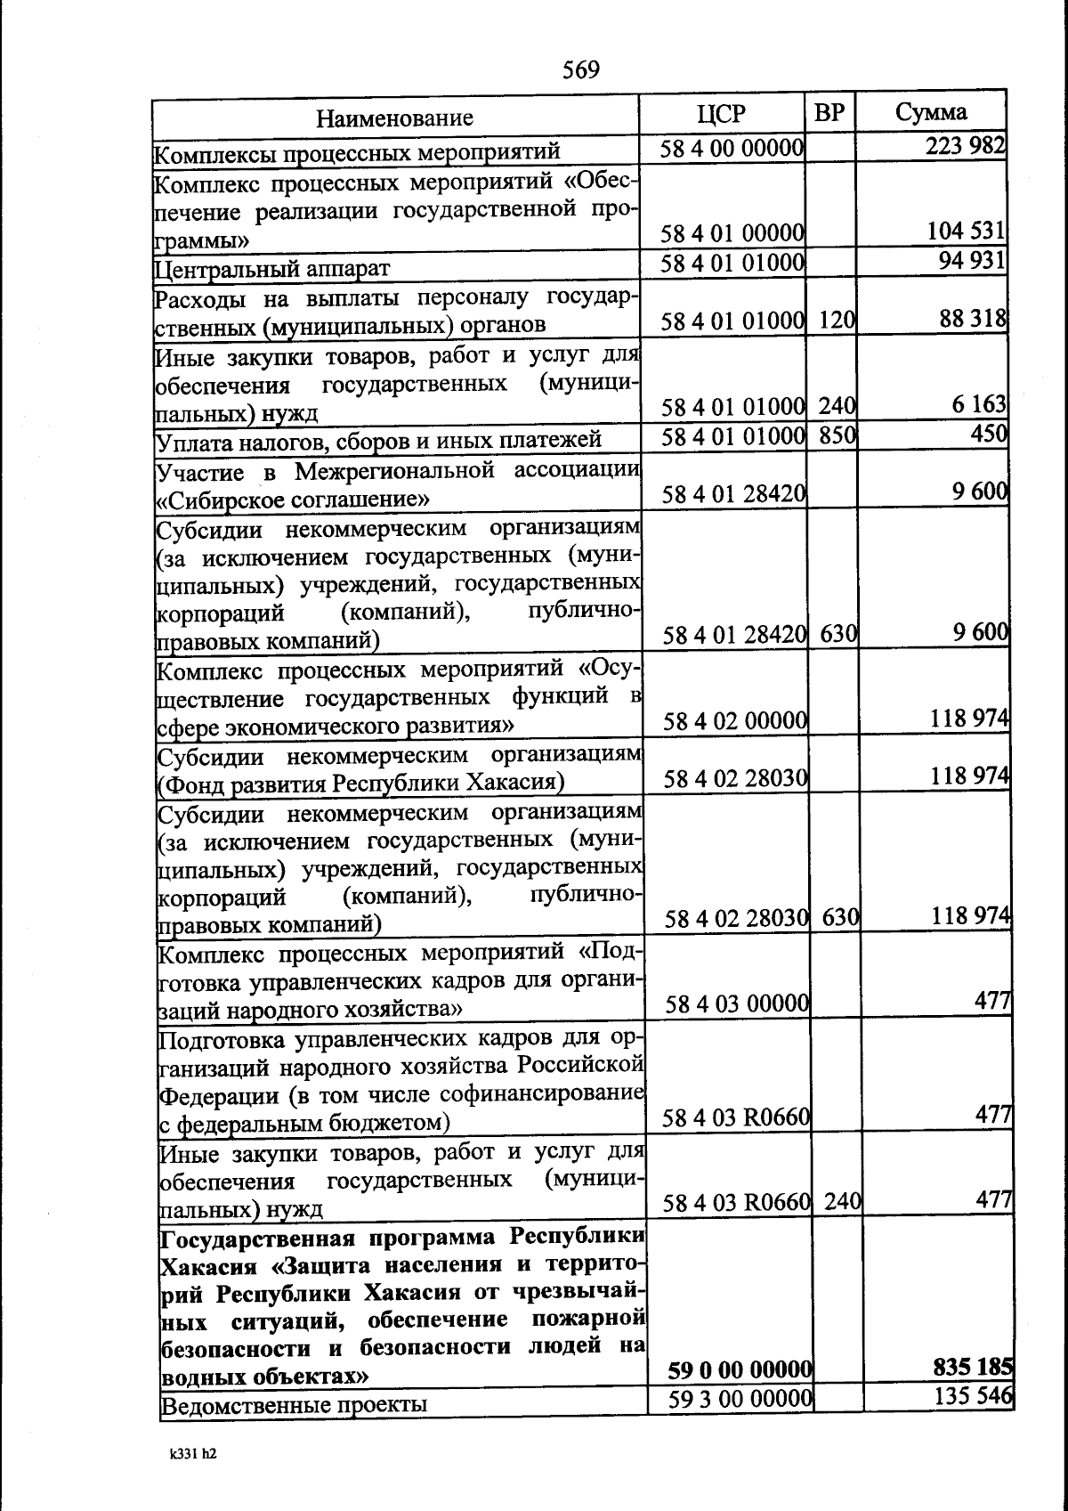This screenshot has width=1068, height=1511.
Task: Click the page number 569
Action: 580,69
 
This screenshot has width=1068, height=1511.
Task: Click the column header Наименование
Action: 395,118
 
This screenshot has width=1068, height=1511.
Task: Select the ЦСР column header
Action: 722,113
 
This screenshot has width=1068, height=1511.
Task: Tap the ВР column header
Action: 829,113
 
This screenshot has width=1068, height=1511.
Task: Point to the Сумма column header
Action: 930,112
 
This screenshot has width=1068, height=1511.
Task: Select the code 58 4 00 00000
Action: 732,148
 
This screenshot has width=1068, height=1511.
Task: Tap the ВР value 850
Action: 837,435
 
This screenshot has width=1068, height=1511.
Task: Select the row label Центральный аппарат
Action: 273,267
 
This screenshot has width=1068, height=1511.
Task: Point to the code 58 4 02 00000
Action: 735,720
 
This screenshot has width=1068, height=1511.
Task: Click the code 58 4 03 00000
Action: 737,1004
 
